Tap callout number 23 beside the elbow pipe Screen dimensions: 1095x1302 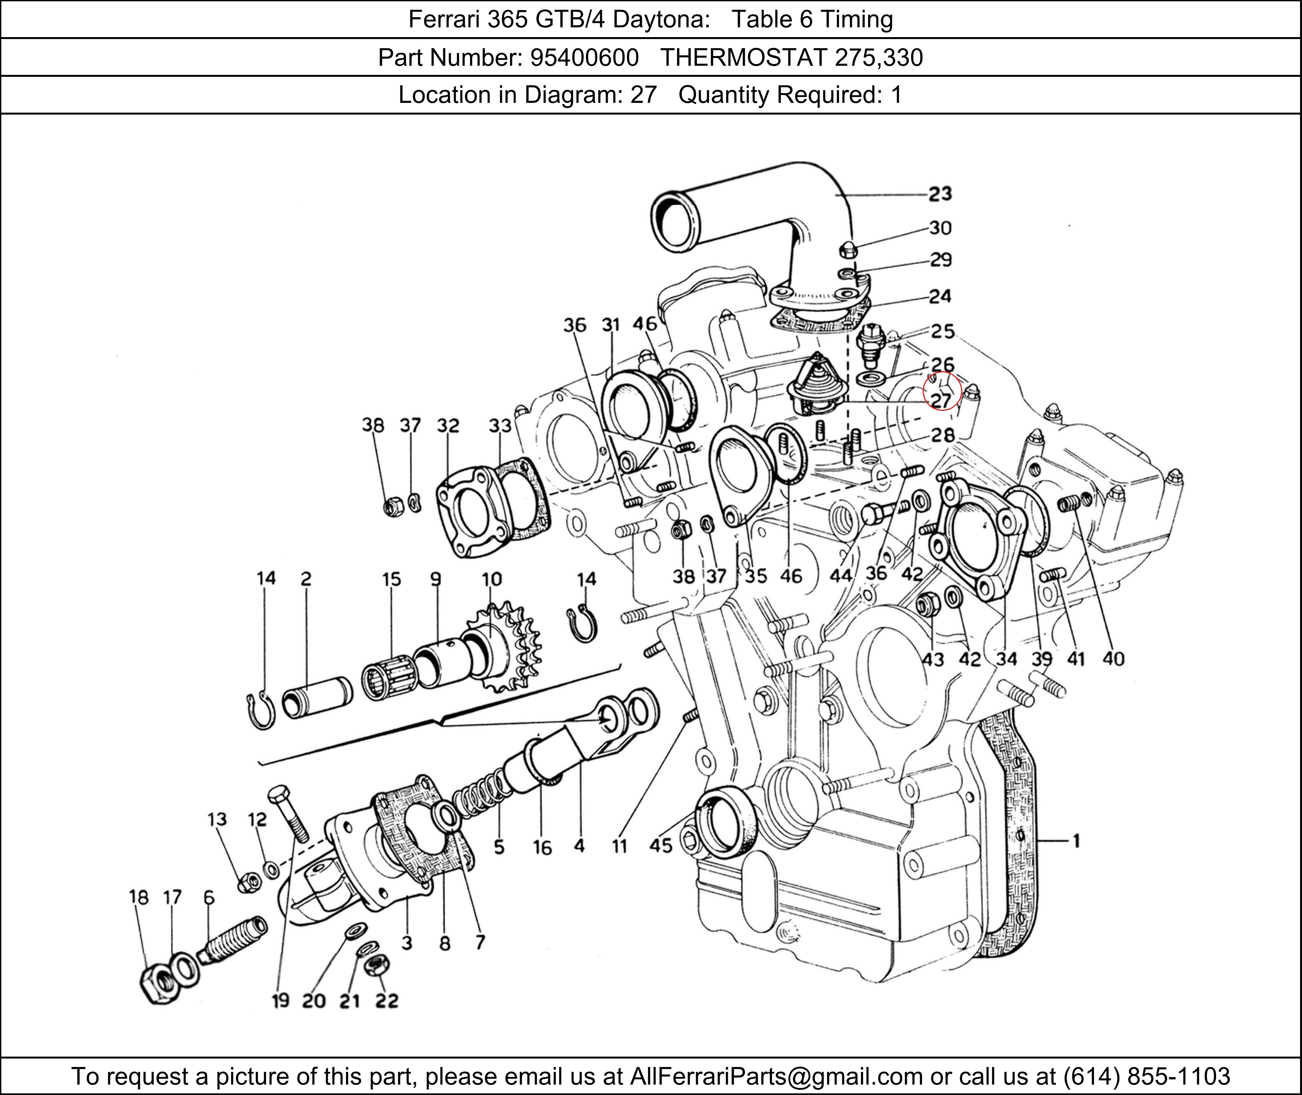[940, 194]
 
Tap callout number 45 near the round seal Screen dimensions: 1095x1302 [661, 845]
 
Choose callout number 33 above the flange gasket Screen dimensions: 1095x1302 [500, 426]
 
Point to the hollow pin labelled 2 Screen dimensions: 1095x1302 [316, 697]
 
